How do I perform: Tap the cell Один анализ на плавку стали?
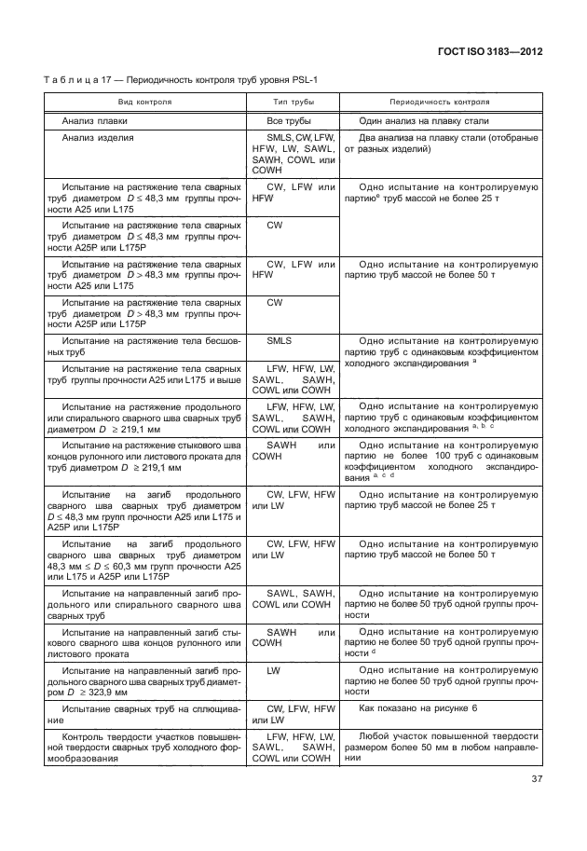430,121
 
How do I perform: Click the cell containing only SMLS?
280,341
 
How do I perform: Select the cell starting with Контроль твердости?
143,747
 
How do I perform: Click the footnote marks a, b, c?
482,426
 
